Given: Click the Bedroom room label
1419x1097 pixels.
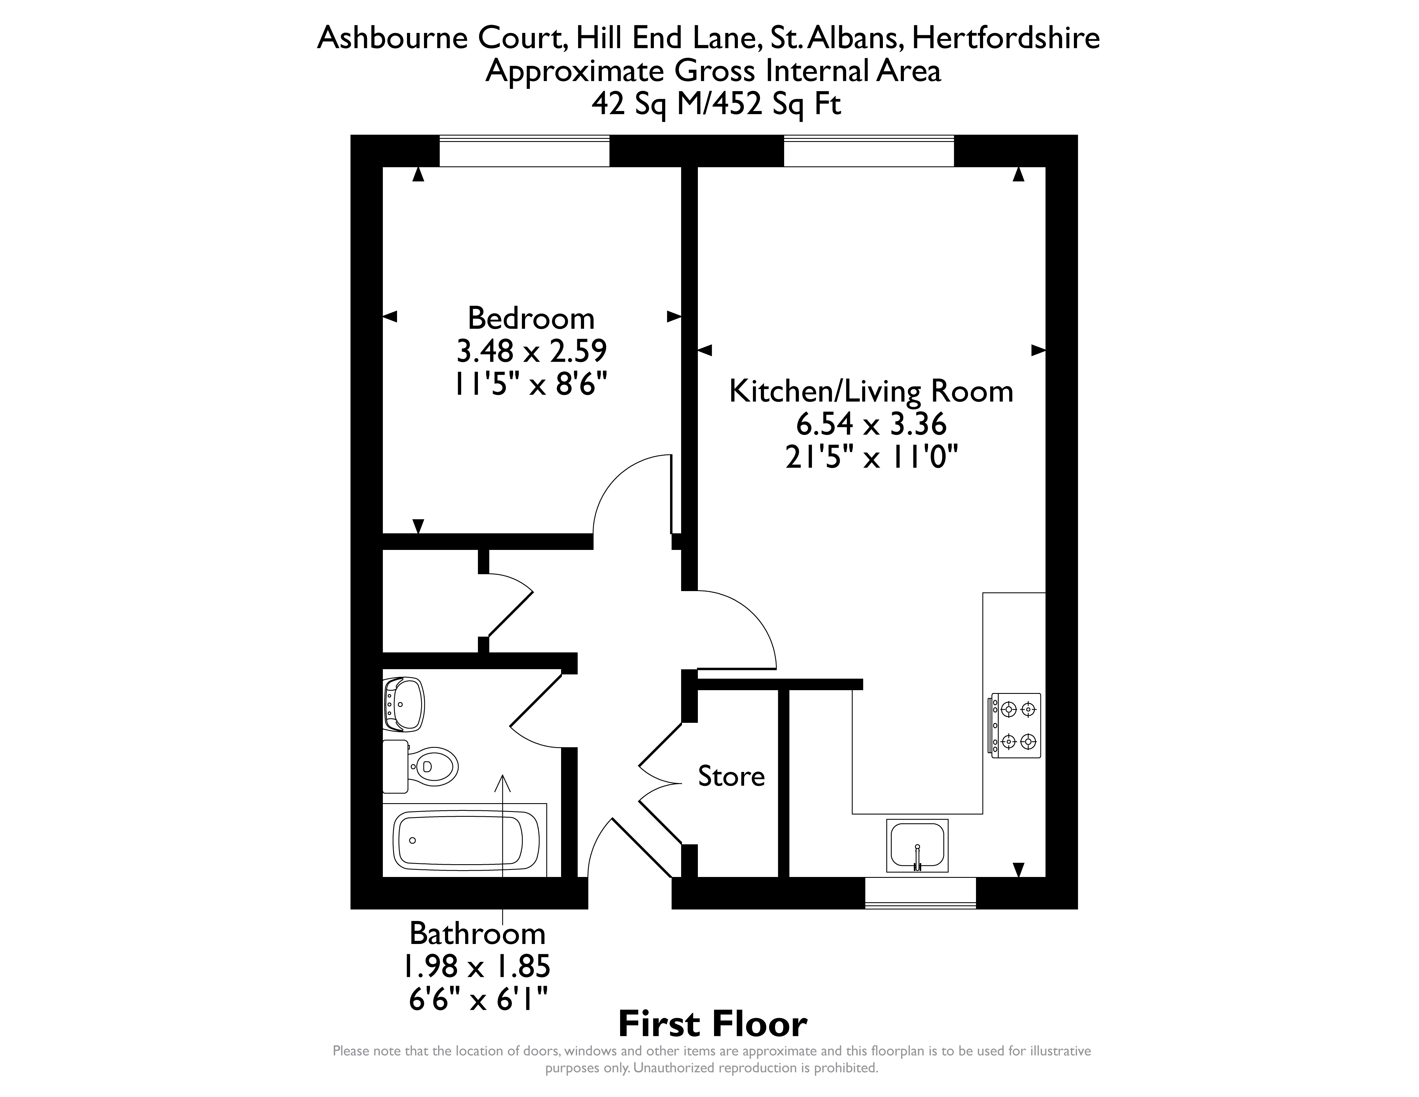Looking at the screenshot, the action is click(531, 319).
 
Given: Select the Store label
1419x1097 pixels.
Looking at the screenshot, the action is click(731, 776).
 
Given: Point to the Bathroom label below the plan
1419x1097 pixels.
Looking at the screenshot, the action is click(477, 934).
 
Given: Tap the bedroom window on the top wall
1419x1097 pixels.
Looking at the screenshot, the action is click(524, 151).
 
